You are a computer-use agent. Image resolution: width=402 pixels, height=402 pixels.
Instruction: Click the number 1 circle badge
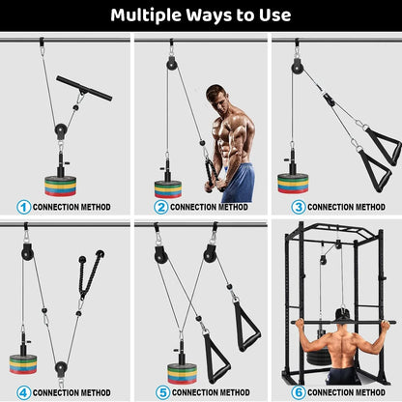point(23,207)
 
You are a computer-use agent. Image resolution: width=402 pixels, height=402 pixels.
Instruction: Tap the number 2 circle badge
point(160,207)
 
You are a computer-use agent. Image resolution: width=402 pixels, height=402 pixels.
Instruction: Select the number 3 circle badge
point(298,207)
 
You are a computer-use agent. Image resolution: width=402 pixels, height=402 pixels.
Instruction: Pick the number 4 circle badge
point(23,392)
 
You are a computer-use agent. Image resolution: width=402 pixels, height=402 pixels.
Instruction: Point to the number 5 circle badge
point(160,392)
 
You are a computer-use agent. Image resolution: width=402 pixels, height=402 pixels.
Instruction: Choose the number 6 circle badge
point(298,392)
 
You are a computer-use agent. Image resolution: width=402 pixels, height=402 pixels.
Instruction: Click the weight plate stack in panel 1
point(64,184)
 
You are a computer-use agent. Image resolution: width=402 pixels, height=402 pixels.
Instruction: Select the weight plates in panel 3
point(293,182)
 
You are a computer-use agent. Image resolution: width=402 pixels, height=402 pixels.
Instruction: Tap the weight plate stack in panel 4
point(23,363)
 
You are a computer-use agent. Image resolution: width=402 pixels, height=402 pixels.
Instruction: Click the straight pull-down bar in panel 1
point(83,88)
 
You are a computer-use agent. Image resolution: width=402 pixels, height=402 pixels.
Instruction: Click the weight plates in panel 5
point(181,373)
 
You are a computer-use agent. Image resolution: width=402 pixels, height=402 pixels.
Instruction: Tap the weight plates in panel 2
point(168,187)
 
